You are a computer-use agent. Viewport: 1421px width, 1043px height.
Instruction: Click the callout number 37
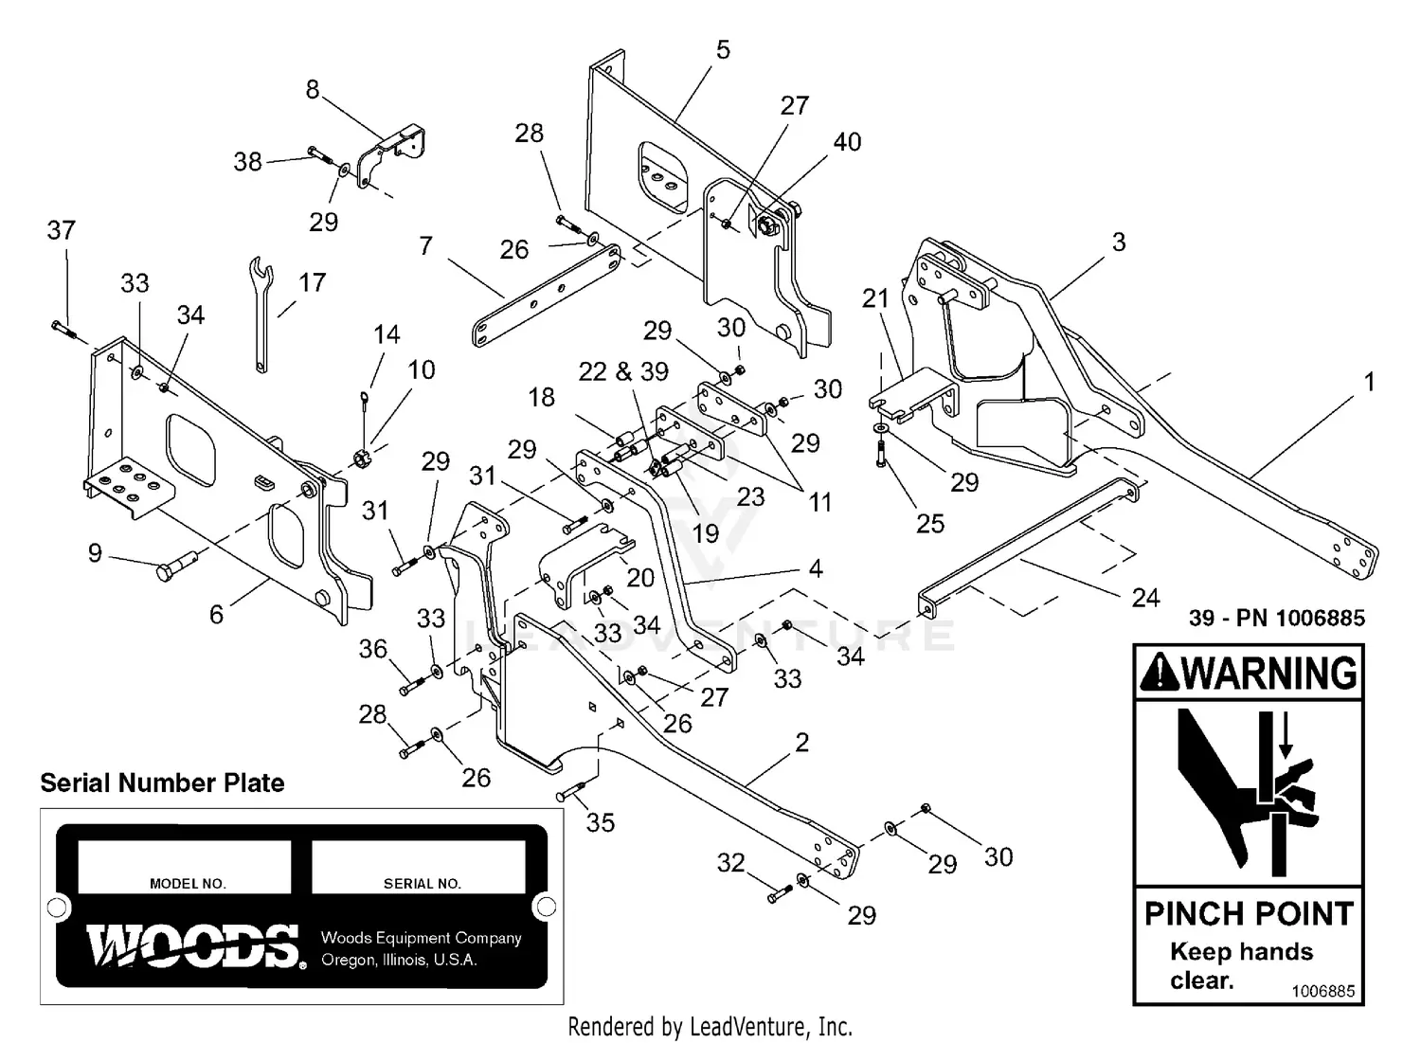61,230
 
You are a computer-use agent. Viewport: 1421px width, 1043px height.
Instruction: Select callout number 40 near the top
846,142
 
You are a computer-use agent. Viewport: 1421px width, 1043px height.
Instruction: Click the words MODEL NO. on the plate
188,884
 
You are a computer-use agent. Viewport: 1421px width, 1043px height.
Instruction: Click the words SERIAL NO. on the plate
422,884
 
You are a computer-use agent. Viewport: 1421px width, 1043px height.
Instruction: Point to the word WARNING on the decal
1269,674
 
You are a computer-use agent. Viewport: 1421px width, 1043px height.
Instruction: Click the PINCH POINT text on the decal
1249,914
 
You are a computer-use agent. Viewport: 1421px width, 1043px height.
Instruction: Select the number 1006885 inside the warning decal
1322,991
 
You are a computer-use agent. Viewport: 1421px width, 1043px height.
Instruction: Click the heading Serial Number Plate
162,783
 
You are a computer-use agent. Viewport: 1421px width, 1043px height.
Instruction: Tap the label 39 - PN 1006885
1276,619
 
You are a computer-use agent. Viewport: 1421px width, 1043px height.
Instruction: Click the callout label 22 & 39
623,371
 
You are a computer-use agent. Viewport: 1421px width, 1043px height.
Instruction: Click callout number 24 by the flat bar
1145,598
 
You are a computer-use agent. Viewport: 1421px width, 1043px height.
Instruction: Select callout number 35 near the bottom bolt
600,822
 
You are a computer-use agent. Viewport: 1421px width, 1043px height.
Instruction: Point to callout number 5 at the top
723,49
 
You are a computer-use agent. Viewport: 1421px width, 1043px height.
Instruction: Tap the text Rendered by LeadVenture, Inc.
710,1026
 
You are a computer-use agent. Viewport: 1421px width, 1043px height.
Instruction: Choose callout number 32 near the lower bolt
730,863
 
